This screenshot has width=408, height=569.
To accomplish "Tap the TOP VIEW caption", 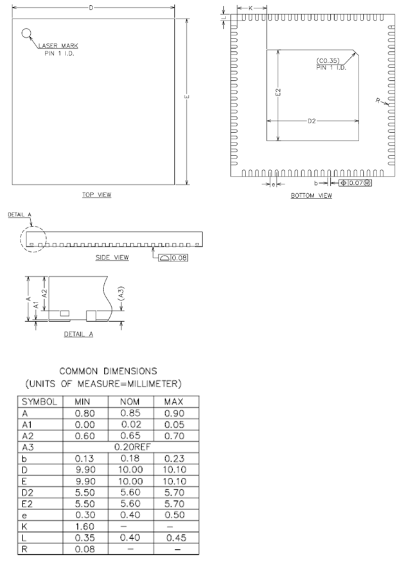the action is click(96, 195).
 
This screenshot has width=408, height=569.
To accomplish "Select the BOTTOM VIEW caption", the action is click(312, 196).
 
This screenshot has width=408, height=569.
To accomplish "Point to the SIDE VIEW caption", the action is click(112, 258).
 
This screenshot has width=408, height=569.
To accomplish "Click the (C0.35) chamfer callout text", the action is click(328, 60).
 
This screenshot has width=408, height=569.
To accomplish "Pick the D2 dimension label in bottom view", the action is click(312, 121).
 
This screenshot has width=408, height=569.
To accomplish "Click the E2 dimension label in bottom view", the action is click(278, 92).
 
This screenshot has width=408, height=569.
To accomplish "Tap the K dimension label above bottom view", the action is click(251, 8).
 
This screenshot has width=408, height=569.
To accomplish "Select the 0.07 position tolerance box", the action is click(355, 183).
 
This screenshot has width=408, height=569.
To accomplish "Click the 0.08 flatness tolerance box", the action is click(173, 258).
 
